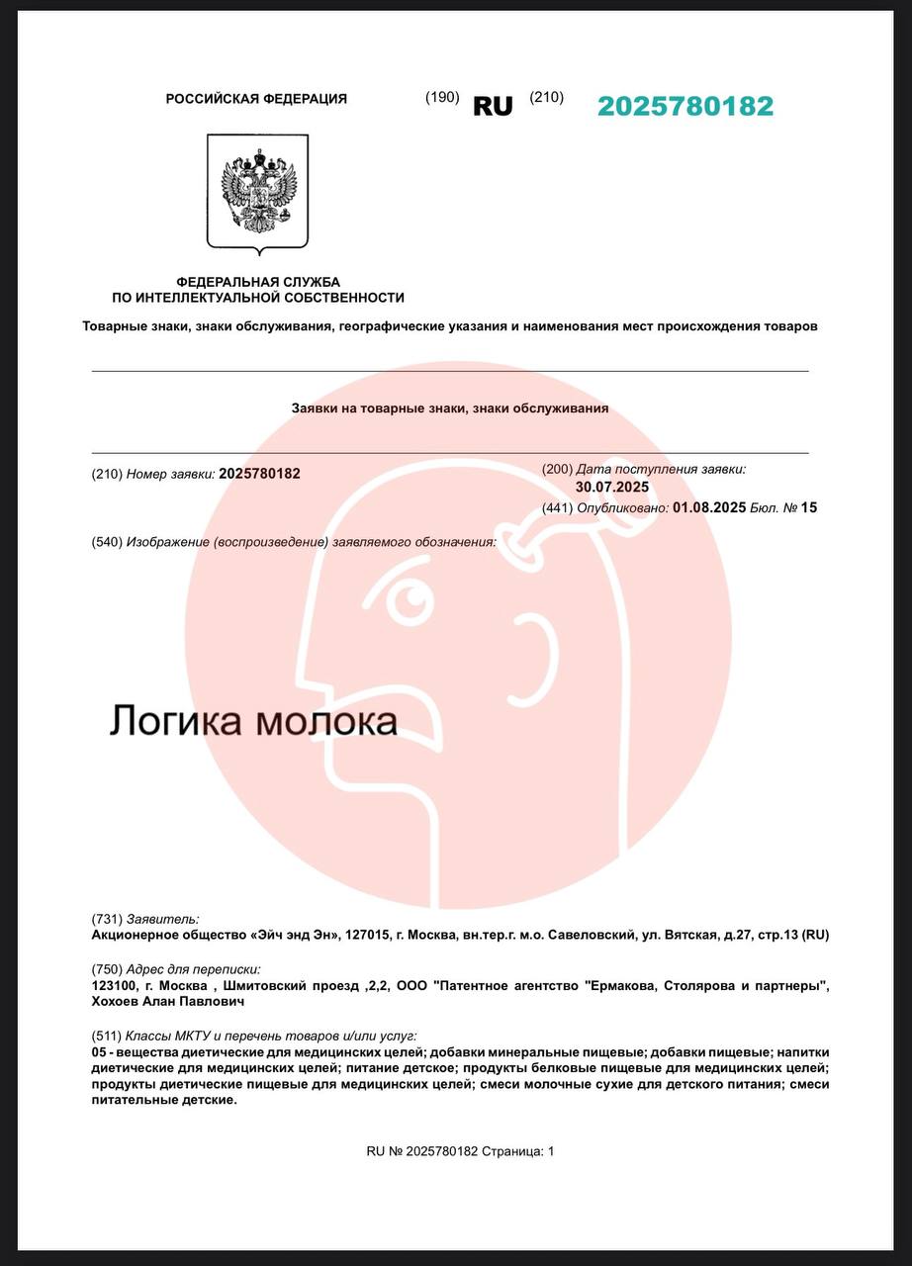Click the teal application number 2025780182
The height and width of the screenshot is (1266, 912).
click(684, 107)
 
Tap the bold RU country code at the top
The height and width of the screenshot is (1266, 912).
click(493, 107)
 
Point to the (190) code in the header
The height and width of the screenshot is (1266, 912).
click(442, 97)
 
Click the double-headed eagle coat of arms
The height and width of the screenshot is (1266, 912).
click(257, 190)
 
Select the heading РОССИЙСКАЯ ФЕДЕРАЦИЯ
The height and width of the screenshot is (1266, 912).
click(256, 99)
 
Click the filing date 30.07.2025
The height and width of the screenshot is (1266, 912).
click(612, 487)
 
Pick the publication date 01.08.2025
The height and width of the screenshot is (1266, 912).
click(709, 507)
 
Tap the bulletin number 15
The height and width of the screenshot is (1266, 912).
click(809, 507)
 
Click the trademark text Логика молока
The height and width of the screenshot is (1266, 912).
click(252, 720)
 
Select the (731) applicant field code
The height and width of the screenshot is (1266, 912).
click(106, 918)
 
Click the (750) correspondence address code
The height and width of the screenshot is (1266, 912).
click(106, 969)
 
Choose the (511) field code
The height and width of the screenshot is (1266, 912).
click(106, 1035)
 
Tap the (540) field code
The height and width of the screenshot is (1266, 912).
click(106, 542)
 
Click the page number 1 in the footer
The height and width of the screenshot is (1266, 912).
click(551, 1151)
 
